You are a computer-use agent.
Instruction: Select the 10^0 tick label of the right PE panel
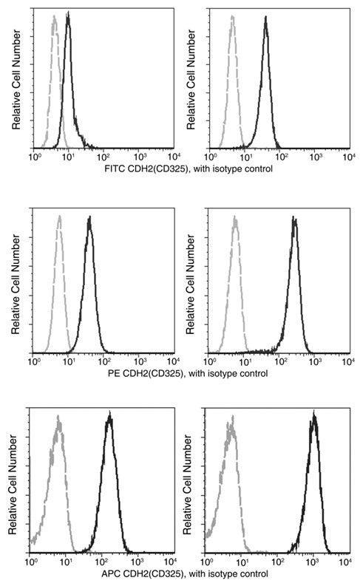coord(210,363)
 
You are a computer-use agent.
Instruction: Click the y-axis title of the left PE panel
coord(16,281)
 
